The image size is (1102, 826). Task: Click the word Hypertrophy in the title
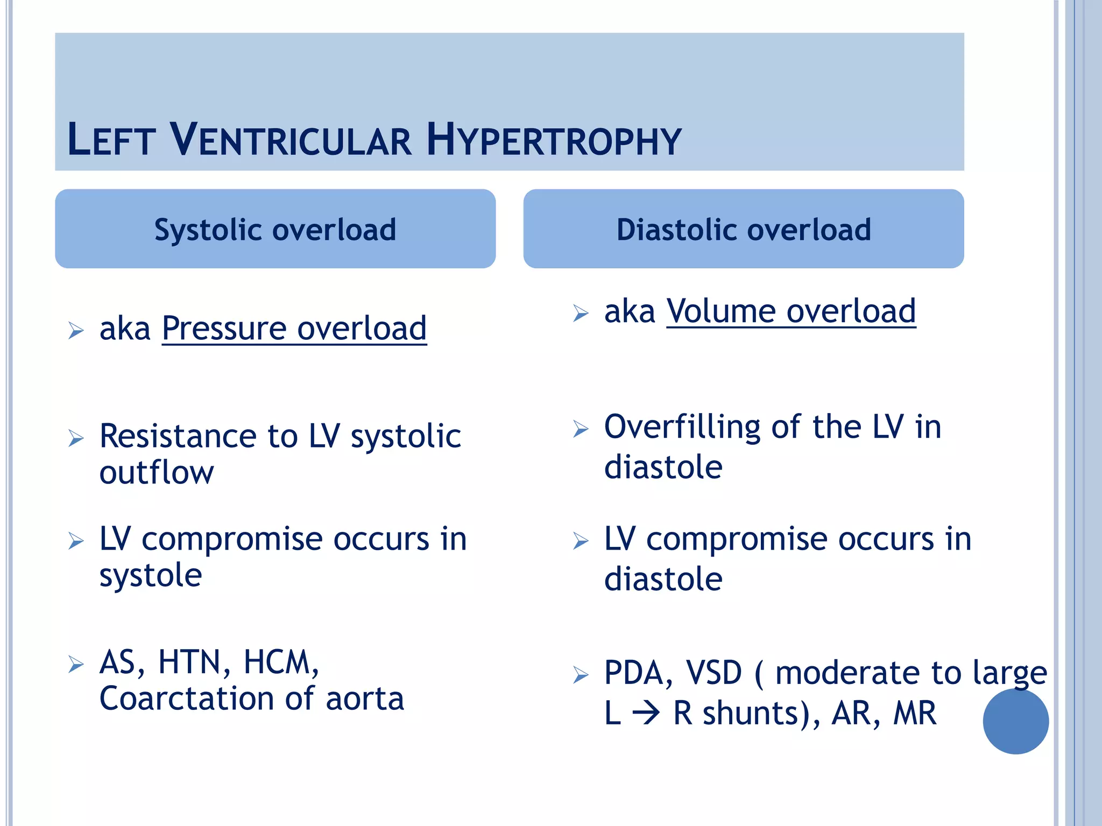point(554,140)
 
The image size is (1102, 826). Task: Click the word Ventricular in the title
point(291,140)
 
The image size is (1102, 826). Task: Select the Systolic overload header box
point(275,229)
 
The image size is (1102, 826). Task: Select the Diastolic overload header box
point(743,229)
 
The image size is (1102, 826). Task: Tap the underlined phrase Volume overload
point(791,311)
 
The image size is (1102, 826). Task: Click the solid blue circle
point(1015,721)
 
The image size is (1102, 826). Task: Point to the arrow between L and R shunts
point(646,714)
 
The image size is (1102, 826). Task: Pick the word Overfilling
point(682,428)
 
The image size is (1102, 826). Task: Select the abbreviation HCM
point(280,662)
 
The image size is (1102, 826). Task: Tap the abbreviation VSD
point(714,673)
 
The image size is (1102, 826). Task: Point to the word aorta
point(364,699)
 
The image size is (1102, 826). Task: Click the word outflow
point(156,473)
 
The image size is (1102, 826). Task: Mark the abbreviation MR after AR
point(915,714)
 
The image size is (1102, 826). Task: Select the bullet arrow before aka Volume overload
point(581,312)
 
